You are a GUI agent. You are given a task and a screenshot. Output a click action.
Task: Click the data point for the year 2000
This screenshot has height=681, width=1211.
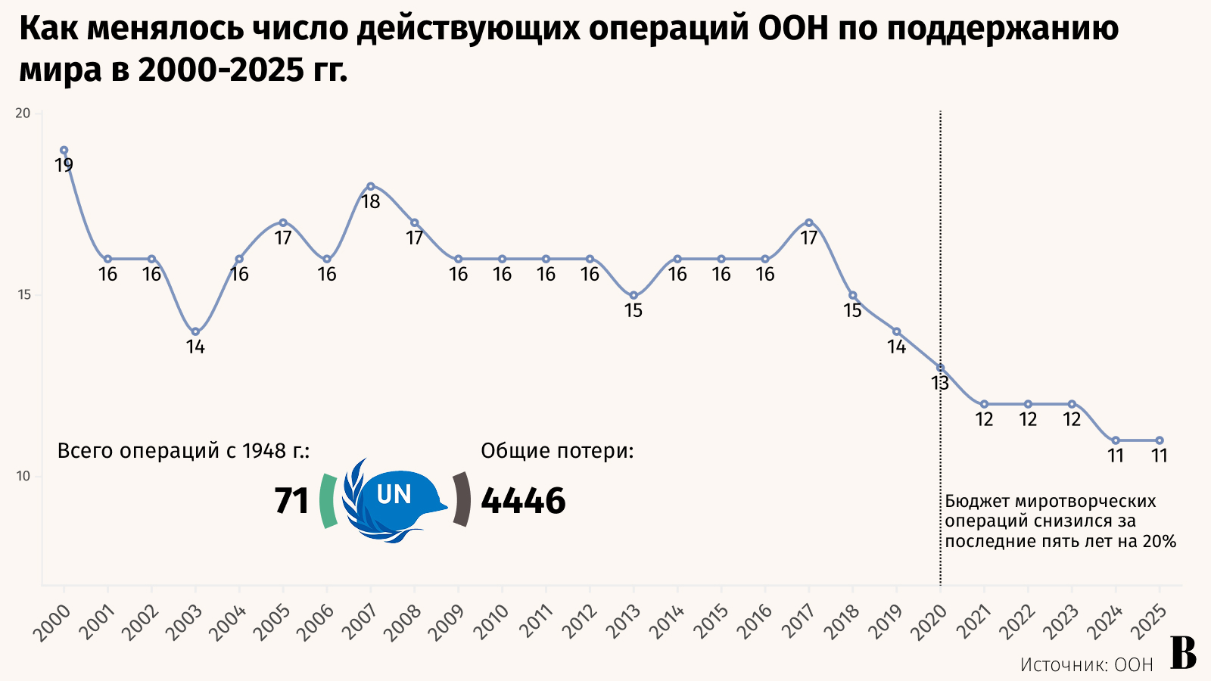(64, 150)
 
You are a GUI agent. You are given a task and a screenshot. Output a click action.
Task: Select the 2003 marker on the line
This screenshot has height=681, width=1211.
(195, 331)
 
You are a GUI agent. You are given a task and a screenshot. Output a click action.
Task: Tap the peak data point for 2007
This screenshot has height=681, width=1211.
(371, 186)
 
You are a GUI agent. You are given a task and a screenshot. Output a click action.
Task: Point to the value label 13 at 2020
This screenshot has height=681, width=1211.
(940, 384)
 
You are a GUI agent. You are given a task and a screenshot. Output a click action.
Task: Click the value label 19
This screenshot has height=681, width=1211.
(64, 166)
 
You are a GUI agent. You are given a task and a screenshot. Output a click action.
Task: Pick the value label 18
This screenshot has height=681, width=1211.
(371, 202)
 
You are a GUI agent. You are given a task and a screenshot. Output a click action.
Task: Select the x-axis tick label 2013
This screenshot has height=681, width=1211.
(625, 622)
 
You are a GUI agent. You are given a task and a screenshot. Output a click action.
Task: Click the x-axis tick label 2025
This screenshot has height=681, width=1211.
(1151, 622)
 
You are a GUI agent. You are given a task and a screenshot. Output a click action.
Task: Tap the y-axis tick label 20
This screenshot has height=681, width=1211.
(23, 113)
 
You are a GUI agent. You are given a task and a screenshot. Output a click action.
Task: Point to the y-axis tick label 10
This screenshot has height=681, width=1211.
(23, 476)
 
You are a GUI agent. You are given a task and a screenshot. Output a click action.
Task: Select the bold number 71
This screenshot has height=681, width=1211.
(291, 501)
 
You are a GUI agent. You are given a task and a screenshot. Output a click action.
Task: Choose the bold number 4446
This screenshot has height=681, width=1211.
(524, 501)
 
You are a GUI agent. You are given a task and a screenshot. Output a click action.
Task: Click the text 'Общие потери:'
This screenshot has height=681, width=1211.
(557, 451)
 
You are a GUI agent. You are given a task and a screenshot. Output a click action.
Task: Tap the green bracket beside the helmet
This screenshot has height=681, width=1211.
(327, 500)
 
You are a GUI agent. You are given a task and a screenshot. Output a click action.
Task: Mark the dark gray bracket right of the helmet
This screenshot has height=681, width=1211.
(461, 499)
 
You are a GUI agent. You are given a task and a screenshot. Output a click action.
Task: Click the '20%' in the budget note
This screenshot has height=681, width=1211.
(1160, 542)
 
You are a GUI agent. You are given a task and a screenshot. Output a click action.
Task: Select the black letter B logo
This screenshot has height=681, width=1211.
(1184, 652)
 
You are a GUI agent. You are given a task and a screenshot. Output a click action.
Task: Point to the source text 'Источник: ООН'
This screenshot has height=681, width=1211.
(1086, 664)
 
